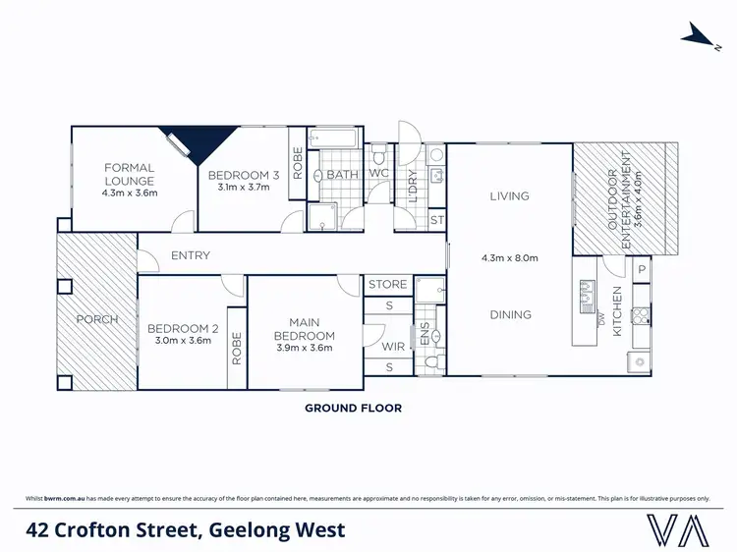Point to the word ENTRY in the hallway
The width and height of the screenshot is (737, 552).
[x=191, y=255]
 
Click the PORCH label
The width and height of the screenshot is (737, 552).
[x=98, y=319]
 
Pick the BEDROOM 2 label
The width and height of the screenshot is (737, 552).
[x=182, y=329]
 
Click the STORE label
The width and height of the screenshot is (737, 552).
[x=388, y=285]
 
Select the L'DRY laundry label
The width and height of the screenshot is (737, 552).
[x=414, y=188]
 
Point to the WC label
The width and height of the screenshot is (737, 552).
[x=378, y=175]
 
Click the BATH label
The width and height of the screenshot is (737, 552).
[x=343, y=175]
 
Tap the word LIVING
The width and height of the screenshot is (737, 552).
[x=510, y=196]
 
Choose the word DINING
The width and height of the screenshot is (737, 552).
[x=510, y=315]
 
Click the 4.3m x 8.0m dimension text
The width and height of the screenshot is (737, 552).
[x=510, y=259]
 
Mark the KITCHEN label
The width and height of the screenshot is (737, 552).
[x=617, y=311]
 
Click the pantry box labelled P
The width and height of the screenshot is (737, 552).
[x=640, y=268]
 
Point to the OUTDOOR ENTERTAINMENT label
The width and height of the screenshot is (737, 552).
[x=617, y=199]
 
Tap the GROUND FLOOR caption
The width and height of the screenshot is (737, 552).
[x=353, y=407]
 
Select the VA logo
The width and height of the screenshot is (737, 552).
[x=678, y=529]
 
